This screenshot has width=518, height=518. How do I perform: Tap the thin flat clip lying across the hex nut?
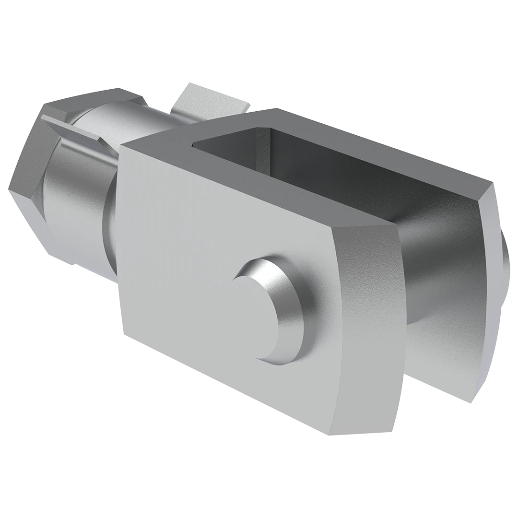tap(72, 127)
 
